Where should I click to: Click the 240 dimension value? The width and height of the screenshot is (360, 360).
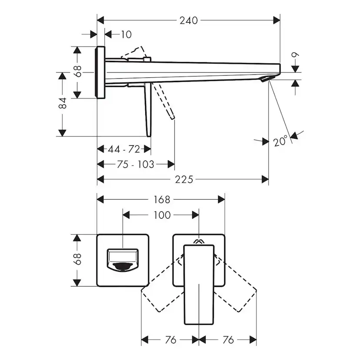[189, 21]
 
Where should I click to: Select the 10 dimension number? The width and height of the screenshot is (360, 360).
[126, 35]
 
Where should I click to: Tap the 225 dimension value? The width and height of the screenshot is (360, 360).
[184, 180]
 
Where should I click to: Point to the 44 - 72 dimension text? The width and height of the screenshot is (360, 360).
[124, 150]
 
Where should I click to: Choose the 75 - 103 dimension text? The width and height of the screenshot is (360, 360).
[136, 164]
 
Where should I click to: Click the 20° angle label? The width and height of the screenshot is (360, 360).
[280, 140]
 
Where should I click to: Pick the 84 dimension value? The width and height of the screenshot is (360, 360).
[63, 103]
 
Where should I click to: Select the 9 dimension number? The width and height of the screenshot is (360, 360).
[295, 55]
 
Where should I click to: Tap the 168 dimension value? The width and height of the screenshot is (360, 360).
[162, 200]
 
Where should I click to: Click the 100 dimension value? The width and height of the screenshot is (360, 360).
[162, 215]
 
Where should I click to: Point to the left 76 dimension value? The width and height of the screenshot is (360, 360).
[170, 340]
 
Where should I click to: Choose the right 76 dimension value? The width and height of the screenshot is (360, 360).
[228, 340]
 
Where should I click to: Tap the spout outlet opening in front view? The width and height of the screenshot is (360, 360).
[123, 267]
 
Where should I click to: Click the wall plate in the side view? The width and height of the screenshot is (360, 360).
[100, 72]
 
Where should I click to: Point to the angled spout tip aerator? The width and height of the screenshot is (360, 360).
[266, 79]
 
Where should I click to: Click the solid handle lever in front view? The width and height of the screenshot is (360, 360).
[199, 285]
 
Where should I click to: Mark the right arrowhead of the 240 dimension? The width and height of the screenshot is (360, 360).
[277, 20]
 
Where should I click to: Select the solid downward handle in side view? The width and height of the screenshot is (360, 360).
[148, 110]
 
